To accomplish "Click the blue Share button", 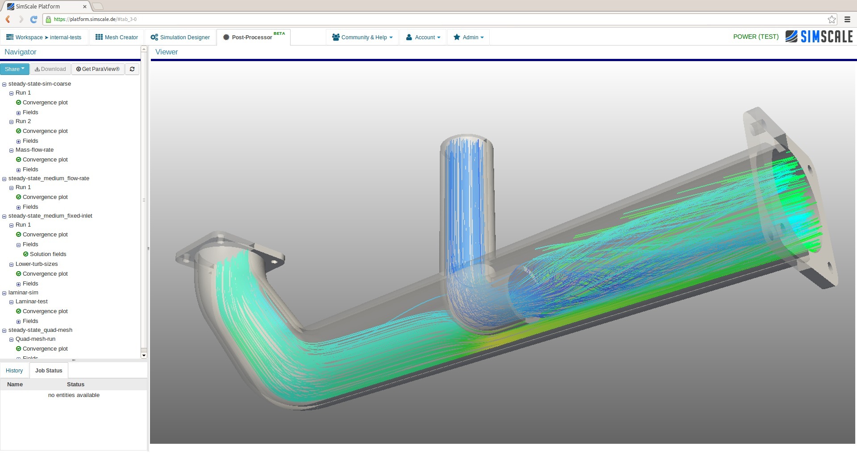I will point(14,69).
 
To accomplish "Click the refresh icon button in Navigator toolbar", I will point(132,69).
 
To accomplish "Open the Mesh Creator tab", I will point(116,37).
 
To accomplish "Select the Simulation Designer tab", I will point(180,37).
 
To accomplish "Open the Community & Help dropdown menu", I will point(362,37).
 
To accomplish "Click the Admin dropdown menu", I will point(468,37).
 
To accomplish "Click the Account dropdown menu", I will point(423,37).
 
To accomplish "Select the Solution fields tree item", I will point(48,254).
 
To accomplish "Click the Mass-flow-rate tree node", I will point(34,150).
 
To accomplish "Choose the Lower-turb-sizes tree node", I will point(37,264).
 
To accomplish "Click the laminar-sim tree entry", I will point(23,293).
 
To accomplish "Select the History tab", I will point(14,371).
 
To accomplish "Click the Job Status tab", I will point(49,371).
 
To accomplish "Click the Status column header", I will point(75,385).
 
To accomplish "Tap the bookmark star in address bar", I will point(832,19).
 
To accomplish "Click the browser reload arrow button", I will point(33,19).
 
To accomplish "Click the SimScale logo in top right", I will point(819,37).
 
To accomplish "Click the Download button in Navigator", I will point(50,69).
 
